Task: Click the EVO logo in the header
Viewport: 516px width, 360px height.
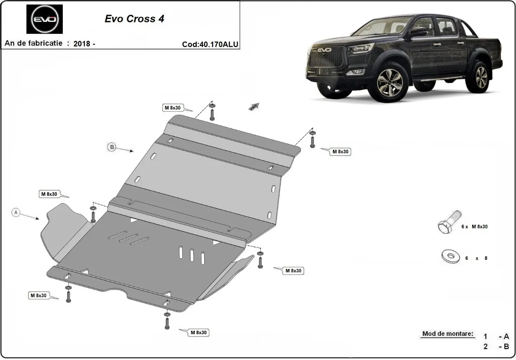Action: point(44,19)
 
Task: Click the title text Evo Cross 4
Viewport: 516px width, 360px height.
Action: point(134,19)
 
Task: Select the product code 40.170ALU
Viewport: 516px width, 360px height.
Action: point(210,44)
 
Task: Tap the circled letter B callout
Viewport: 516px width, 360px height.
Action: point(111,147)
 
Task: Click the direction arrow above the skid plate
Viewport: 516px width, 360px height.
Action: point(254,107)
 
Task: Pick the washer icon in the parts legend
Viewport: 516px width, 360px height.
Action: point(450,257)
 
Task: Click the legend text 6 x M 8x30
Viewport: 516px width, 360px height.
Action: point(474,226)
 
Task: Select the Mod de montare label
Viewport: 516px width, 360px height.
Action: point(448,334)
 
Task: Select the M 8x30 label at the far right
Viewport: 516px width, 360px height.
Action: point(340,152)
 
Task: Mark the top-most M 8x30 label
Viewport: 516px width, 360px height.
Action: point(172,108)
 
